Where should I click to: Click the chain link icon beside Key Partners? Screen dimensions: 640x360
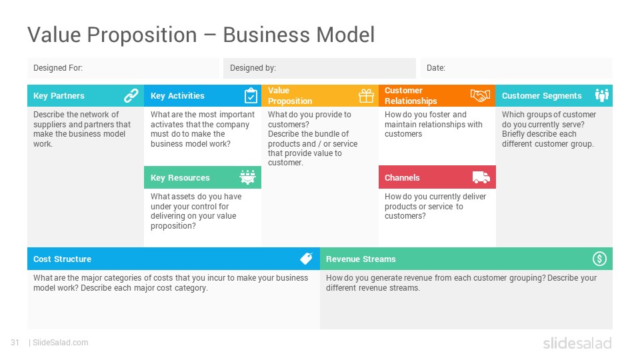coord(131,95)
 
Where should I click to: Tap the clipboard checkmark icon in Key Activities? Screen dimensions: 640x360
coord(251,95)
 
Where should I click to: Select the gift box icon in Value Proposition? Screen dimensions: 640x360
coord(366,96)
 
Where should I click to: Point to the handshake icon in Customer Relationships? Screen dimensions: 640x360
coord(480,95)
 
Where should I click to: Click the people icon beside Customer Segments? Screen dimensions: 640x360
coord(601,95)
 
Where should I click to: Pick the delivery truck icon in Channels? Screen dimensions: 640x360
coord(481,177)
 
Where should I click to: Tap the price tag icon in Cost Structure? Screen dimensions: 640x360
coord(307,259)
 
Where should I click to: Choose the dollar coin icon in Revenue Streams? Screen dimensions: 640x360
coord(599,259)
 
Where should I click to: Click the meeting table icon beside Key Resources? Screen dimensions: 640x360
coord(248,177)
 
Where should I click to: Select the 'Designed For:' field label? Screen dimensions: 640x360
coord(58,68)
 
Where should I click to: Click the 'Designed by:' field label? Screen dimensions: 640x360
coord(253,68)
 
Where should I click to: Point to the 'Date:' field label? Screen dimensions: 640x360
coord(436,68)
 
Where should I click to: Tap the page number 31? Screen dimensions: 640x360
coord(15,343)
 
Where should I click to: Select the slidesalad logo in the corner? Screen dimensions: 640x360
coord(577,343)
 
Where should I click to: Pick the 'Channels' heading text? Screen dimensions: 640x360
coord(402,177)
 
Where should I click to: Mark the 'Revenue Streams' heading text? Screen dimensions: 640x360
coord(361,259)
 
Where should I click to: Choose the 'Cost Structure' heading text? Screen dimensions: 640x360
coord(63,259)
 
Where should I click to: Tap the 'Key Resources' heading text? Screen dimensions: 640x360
coord(180,177)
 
